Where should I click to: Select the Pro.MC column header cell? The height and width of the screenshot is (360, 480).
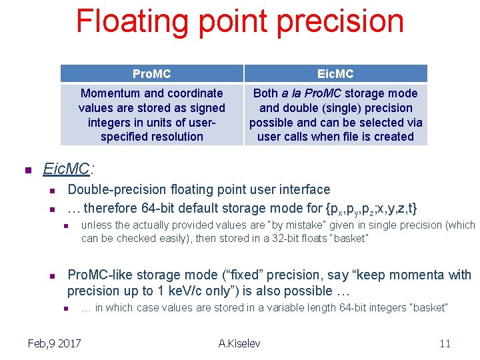[152, 73]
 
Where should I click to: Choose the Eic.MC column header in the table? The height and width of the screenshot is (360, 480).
[335, 73]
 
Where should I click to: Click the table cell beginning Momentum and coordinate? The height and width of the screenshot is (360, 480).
[152, 115]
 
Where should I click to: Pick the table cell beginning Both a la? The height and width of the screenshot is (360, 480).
[335, 115]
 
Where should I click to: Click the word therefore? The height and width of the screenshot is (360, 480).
[112, 207]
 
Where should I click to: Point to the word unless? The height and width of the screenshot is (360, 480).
[96, 225]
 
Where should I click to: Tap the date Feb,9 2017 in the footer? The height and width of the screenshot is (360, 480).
[54, 343]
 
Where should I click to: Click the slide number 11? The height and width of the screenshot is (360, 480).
[445, 343]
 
